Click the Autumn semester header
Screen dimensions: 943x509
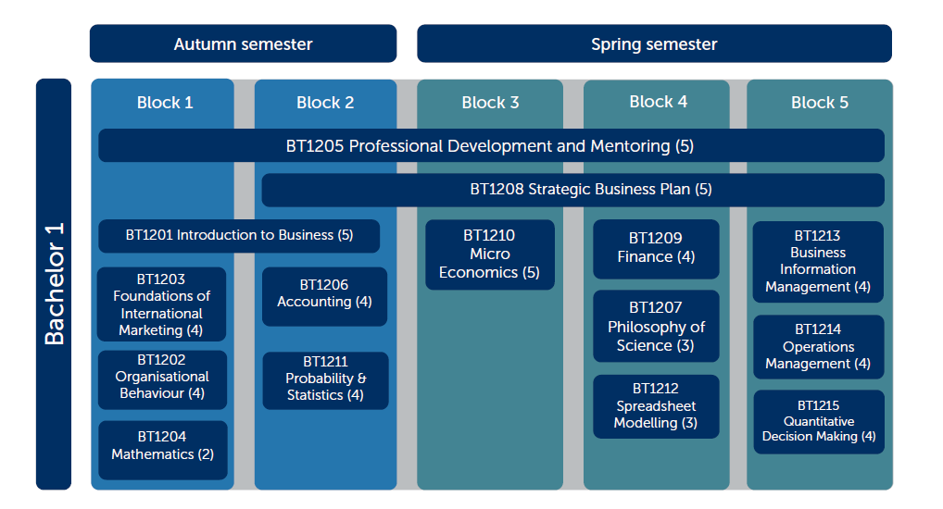(243, 43)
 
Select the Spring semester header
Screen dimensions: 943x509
(654, 43)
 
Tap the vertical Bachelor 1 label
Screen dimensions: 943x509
(54, 283)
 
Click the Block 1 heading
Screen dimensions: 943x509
(165, 103)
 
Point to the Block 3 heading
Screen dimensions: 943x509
(490, 103)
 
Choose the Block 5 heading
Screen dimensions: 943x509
(820, 103)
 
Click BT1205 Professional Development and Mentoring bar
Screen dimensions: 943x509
(491, 145)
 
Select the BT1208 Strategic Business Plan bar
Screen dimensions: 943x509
(573, 190)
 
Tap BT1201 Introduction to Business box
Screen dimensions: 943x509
(239, 236)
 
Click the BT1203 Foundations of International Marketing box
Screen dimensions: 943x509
(162, 304)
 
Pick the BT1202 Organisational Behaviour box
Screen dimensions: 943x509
(162, 379)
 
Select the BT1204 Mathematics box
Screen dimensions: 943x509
(162, 450)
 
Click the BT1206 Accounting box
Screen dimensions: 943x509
(325, 296)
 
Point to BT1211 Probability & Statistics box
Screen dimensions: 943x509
(325, 380)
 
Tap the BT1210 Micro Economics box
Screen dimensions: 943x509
(490, 254)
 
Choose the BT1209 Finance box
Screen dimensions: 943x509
(656, 249)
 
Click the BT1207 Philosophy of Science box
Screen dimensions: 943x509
(656, 327)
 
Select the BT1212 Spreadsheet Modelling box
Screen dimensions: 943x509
(656, 406)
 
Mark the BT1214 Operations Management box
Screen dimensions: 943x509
(819, 347)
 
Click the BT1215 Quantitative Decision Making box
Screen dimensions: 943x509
(819, 422)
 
